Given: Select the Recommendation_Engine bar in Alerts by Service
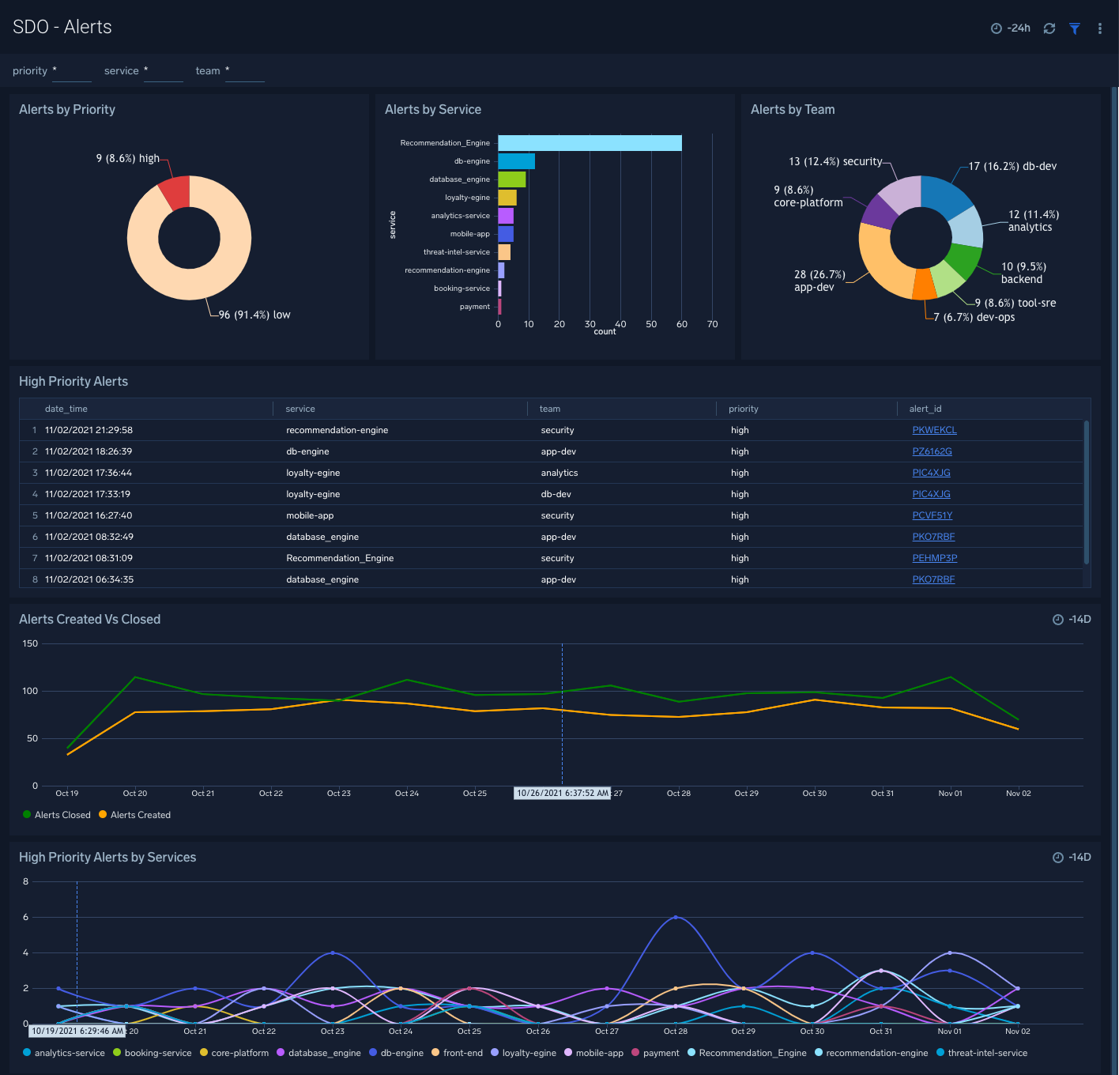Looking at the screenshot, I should pyautogui.click(x=589, y=143).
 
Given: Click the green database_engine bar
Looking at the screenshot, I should pyautogui.click(x=511, y=179).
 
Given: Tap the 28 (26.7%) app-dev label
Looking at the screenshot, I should pyautogui.click(x=819, y=281).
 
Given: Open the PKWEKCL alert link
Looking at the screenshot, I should pyautogui.click(x=934, y=430).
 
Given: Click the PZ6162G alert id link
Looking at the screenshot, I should pyautogui.click(x=932, y=451).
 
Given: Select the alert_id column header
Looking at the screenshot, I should pyautogui.click(x=925, y=409).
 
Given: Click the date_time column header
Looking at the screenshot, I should pyautogui.click(x=66, y=409).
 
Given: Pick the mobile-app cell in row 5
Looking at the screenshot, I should pyautogui.click(x=310, y=515).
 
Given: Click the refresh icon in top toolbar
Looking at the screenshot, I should pyautogui.click(x=1049, y=28).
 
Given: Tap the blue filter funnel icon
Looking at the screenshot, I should pyautogui.click(x=1075, y=28).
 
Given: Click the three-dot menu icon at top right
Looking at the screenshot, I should pyautogui.click(x=1099, y=28).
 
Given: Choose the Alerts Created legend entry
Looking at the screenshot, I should pyautogui.click(x=140, y=815).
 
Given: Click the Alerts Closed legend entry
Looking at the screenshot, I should pyautogui.click(x=62, y=815).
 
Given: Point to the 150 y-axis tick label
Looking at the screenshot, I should pyautogui.click(x=30, y=643).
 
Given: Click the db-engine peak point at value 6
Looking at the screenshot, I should pyautogui.click(x=676, y=917).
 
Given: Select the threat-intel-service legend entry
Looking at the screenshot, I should pyautogui.click(x=987, y=1053).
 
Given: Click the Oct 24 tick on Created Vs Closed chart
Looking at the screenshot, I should pyautogui.click(x=407, y=793).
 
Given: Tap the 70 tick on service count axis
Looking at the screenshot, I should pyautogui.click(x=712, y=324).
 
